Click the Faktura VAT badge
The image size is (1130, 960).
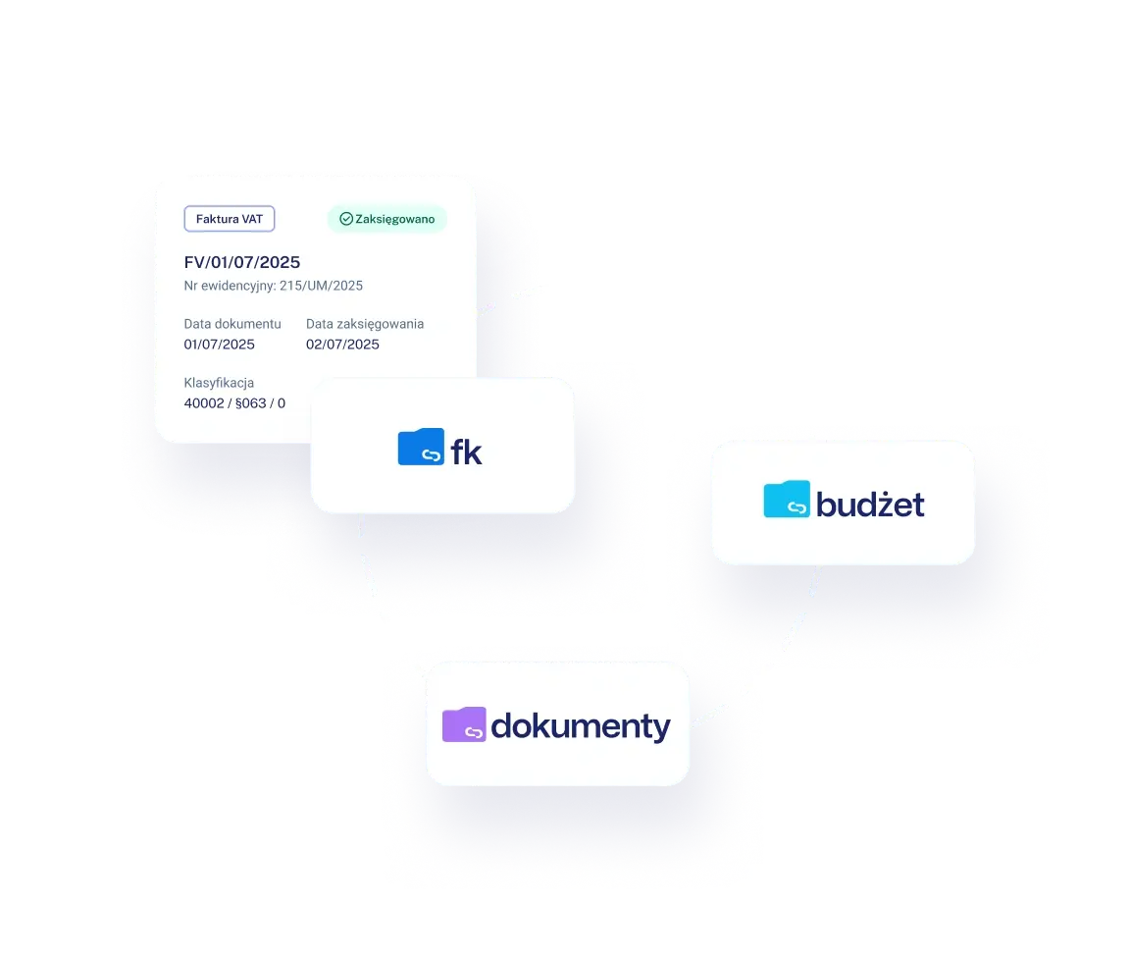pos(230,219)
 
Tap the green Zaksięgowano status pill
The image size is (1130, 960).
pos(387,219)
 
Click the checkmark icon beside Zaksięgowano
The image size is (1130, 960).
pos(346,219)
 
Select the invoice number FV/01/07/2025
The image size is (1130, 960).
pos(242,262)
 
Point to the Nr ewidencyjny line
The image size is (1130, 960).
pos(273,286)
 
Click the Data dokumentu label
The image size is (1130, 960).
pos(232,324)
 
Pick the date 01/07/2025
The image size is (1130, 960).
pos(219,344)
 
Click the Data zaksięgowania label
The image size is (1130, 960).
pos(365,324)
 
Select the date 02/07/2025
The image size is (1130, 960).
pos(342,344)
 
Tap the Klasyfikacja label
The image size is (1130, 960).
pos(219,383)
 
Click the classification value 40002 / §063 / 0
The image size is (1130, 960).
pos(234,403)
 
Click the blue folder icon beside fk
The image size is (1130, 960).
pos(421,447)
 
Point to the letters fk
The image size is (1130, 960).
pos(466,453)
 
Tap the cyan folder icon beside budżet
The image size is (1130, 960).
pos(787,499)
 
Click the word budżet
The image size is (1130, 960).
pos(870,504)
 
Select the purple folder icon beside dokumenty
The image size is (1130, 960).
pos(464,724)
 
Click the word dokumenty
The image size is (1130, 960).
pos(580,726)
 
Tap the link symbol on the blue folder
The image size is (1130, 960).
pos(431,455)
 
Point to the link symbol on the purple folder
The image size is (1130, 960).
pos(474,733)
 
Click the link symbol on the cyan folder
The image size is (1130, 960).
pos(796,507)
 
